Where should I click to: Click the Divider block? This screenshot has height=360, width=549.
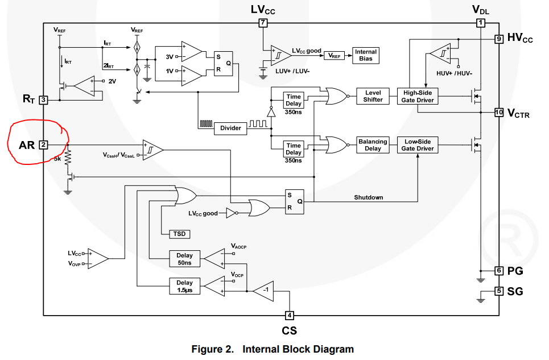(230, 128)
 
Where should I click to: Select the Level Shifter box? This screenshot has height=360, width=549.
(373, 96)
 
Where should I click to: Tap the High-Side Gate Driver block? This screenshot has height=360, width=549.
(418, 96)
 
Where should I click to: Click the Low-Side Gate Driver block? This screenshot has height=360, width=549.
(418, 145)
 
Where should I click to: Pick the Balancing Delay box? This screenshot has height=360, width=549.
(373, 145)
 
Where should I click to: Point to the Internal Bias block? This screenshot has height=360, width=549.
(366, 55)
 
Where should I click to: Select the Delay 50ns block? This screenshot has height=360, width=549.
(184, 259)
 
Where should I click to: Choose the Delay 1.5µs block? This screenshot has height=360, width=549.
(184, 286)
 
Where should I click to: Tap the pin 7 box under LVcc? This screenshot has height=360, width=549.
(262, 23)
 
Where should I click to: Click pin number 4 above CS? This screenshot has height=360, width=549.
(290, 315)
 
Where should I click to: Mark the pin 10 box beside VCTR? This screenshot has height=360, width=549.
(499, 112)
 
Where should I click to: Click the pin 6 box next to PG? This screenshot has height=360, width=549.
(499, 271)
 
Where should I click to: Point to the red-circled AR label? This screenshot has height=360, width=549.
(27, 145)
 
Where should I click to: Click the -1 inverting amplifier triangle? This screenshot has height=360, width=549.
(262, 291)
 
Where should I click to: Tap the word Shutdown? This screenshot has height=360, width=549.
(369, 197)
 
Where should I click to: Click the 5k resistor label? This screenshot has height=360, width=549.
(57, 159)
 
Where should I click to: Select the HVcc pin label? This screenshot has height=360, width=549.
(520, 39)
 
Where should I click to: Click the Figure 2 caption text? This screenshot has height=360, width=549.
(273, 349)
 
